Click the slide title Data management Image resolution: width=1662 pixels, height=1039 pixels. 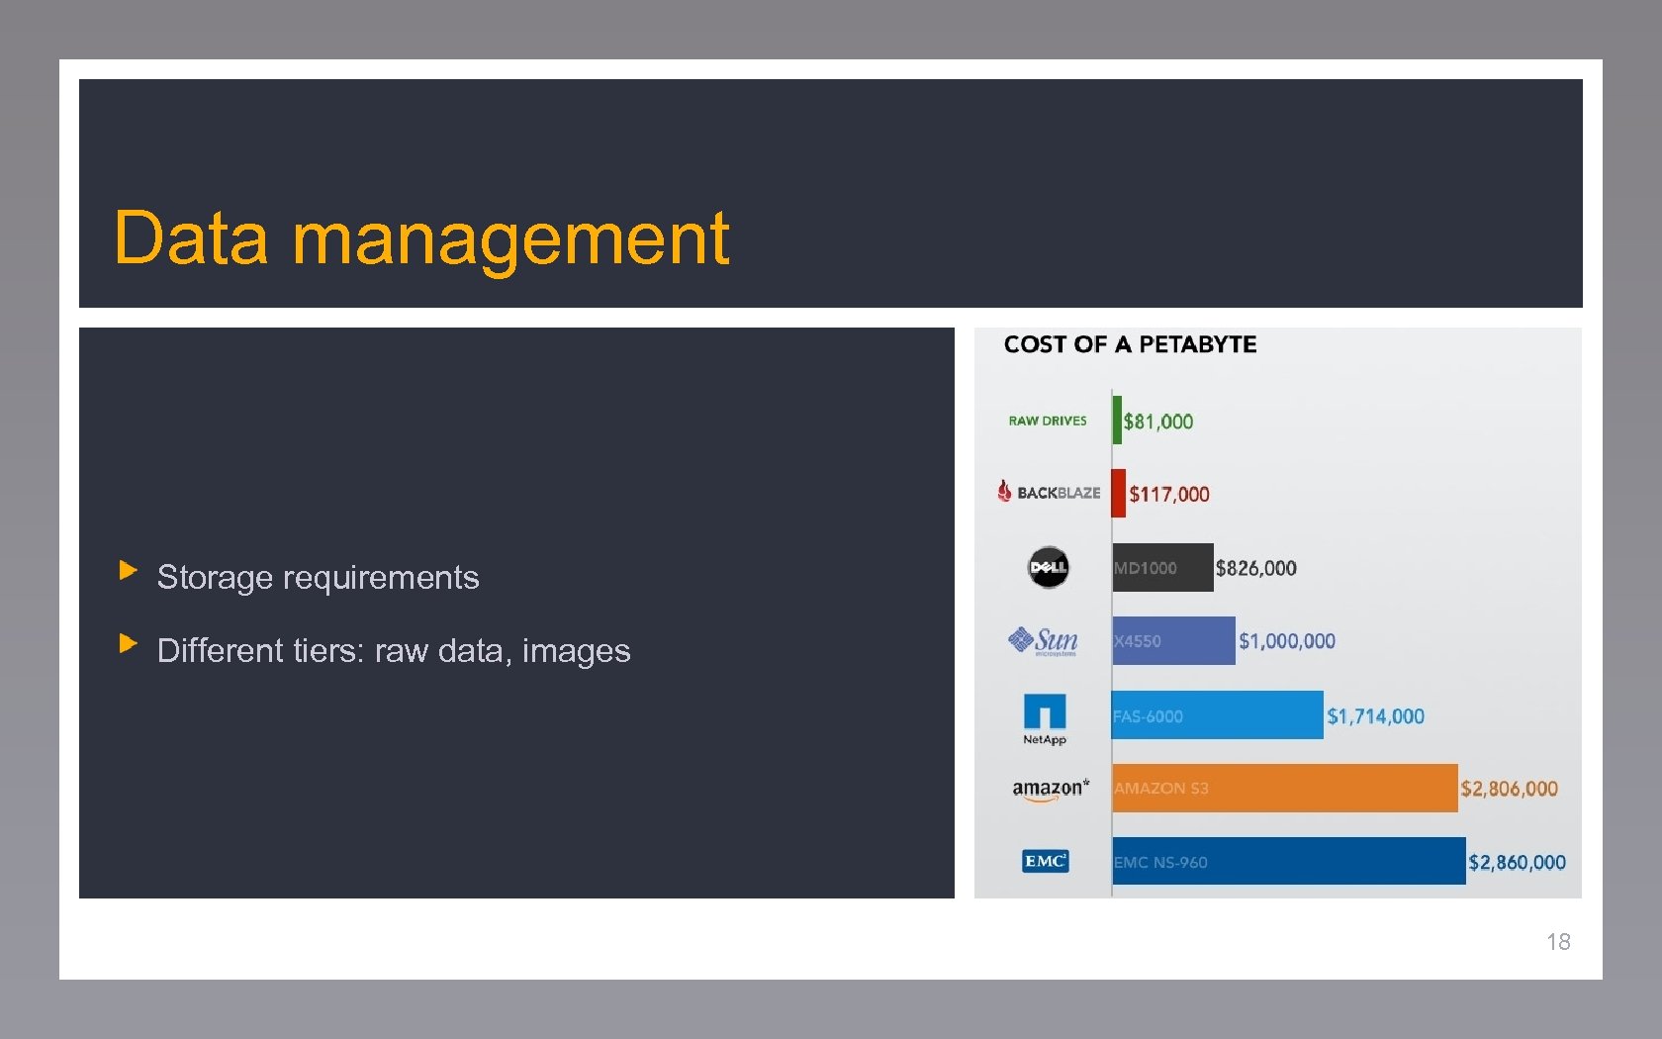point(421,238)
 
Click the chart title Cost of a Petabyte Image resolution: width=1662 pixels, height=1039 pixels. point(1130,344)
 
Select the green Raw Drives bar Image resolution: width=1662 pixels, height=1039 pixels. point(1117,421)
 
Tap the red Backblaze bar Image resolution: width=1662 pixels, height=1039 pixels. point(1118,493)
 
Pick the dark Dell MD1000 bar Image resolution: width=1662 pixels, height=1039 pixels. point(1162,567)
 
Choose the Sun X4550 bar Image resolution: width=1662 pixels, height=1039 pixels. point(1173,640)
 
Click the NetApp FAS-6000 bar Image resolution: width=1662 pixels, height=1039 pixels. point(1217,714)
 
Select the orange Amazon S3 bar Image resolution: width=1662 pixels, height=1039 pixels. point(1284,788)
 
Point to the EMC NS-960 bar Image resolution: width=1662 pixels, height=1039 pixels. point(1288,861)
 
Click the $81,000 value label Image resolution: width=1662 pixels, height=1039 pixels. point(1158,422)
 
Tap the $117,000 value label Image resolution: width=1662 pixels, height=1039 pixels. point(1169,494)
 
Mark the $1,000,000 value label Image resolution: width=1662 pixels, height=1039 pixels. point(1287,641)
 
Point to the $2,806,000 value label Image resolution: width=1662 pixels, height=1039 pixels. point(1509,789)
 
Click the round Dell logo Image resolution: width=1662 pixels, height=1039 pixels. point(1048,567)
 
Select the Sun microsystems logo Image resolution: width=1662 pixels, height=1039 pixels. point(1044,641)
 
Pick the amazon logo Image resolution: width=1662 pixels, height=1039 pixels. point(1050,789)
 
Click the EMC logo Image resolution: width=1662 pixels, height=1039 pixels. point(1045,861)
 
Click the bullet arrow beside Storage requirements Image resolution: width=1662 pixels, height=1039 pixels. point(128,570)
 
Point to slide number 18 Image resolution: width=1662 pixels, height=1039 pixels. point(1558,942)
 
